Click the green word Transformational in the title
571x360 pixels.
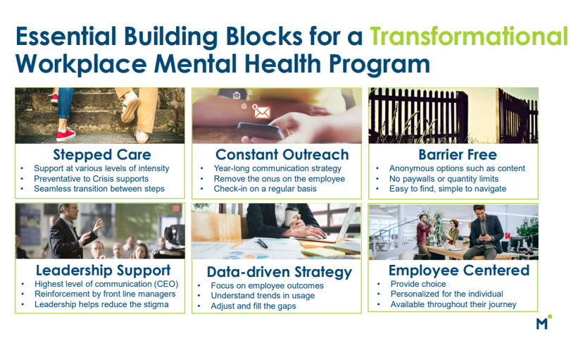tap(468, 35)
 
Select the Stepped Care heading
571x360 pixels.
tap(102, 154)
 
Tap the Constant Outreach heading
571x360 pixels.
tap(282, 154)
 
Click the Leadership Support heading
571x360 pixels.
tap(103, 270)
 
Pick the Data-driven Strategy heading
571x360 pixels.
tap(279, 272)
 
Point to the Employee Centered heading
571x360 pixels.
tap(459, 270)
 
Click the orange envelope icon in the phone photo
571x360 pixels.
tap(262, 111)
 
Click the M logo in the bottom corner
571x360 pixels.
tap(542, 323)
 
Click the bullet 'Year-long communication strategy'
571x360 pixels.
tap(277, 168)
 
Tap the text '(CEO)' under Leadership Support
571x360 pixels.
tap(163, 284)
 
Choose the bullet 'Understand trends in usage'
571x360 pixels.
tap(263, 296)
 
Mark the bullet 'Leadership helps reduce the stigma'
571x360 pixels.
tap(101, 304)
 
